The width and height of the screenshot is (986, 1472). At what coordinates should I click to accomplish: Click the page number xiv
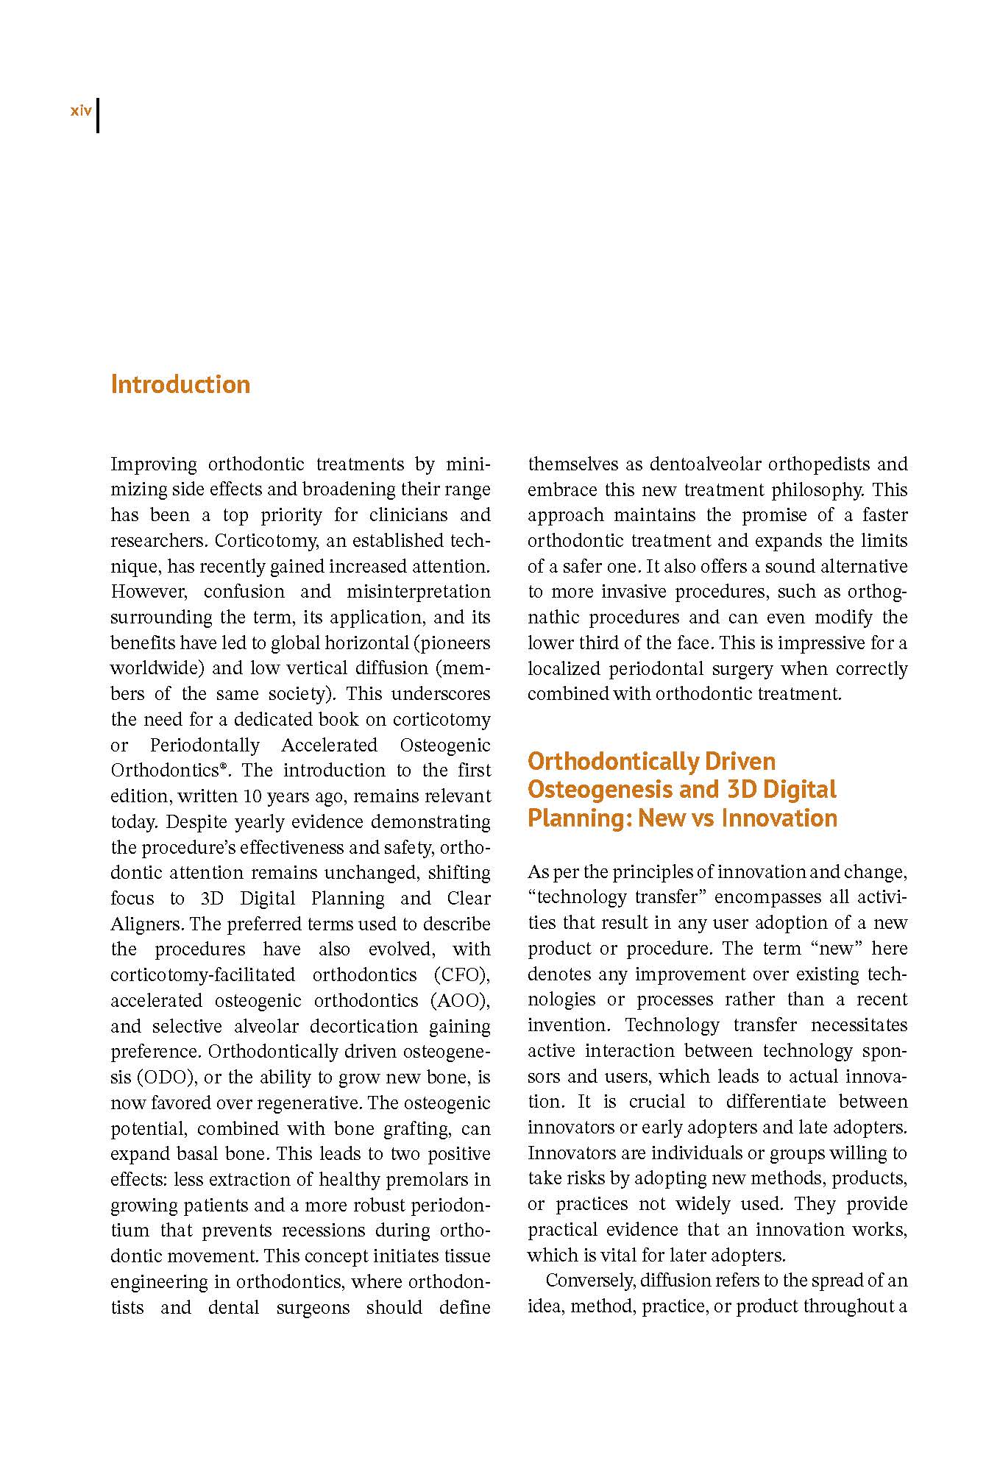[80, 111]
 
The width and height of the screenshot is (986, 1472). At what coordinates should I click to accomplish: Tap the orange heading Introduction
[180, 384]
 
